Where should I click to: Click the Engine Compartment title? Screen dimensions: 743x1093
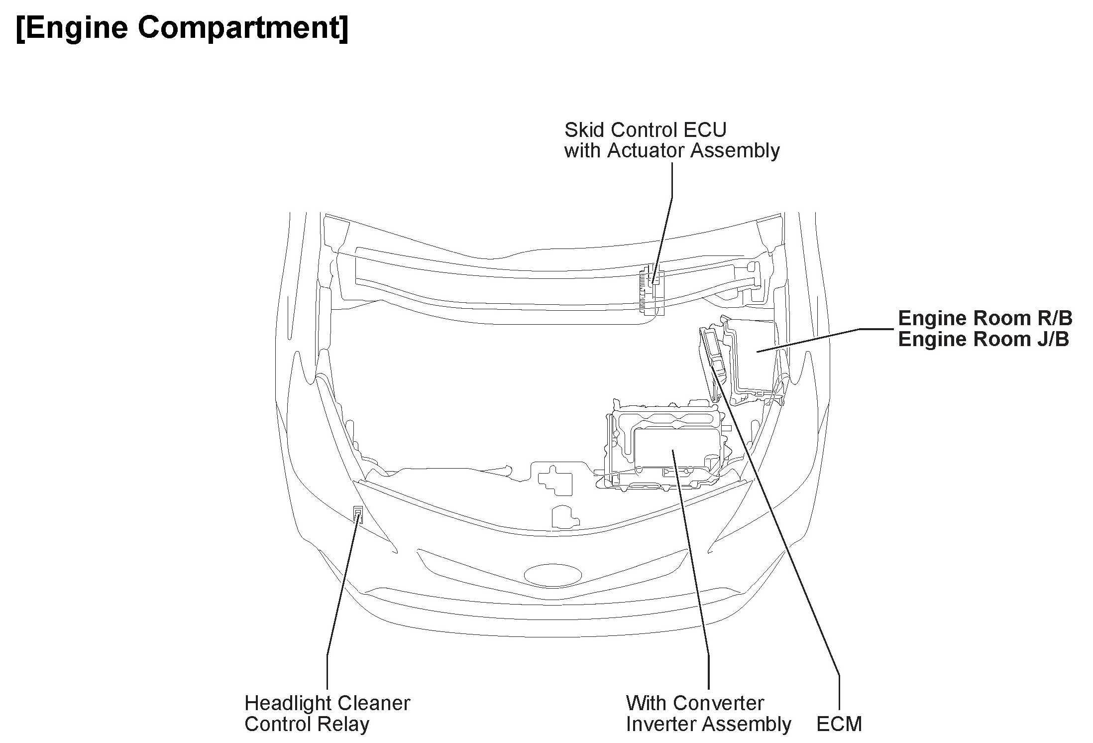coord(182,27)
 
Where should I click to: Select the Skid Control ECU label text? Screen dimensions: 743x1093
coord(645,130)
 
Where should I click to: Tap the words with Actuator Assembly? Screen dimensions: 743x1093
coord(672,150)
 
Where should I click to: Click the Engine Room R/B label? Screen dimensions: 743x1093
coord(985,318)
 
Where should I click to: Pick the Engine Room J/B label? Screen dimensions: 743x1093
coord(984,339)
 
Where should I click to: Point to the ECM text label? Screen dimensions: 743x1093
coord(839,724)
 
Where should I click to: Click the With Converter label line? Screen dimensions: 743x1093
coord(695,703)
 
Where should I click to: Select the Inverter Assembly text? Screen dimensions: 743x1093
coord(708,724)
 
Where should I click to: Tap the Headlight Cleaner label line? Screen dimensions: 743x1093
coord(327,703)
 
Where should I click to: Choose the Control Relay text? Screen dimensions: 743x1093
coord(307,724)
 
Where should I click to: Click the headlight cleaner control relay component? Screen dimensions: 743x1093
coord(357,514)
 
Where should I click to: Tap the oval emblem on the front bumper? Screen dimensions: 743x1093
coord(553,574)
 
